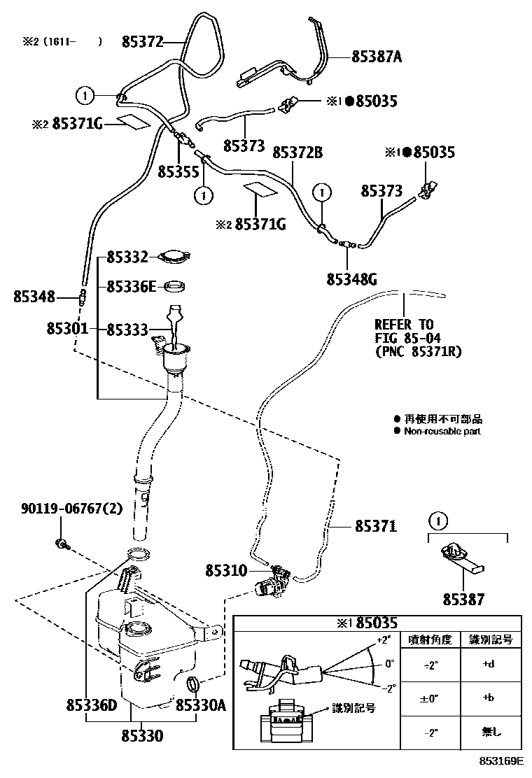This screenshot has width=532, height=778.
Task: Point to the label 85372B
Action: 297,152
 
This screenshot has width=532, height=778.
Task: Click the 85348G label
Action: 351,279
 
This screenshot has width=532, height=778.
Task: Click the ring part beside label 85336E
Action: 175,287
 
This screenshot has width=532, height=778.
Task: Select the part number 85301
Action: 68,328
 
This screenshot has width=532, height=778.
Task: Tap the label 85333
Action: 127,328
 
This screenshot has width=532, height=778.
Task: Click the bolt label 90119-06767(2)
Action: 71,509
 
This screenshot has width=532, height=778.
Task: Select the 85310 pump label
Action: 226,571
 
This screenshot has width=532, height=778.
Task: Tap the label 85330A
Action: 200,706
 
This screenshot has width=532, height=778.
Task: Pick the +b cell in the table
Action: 489,698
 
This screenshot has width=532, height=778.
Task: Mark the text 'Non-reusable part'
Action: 442,431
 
